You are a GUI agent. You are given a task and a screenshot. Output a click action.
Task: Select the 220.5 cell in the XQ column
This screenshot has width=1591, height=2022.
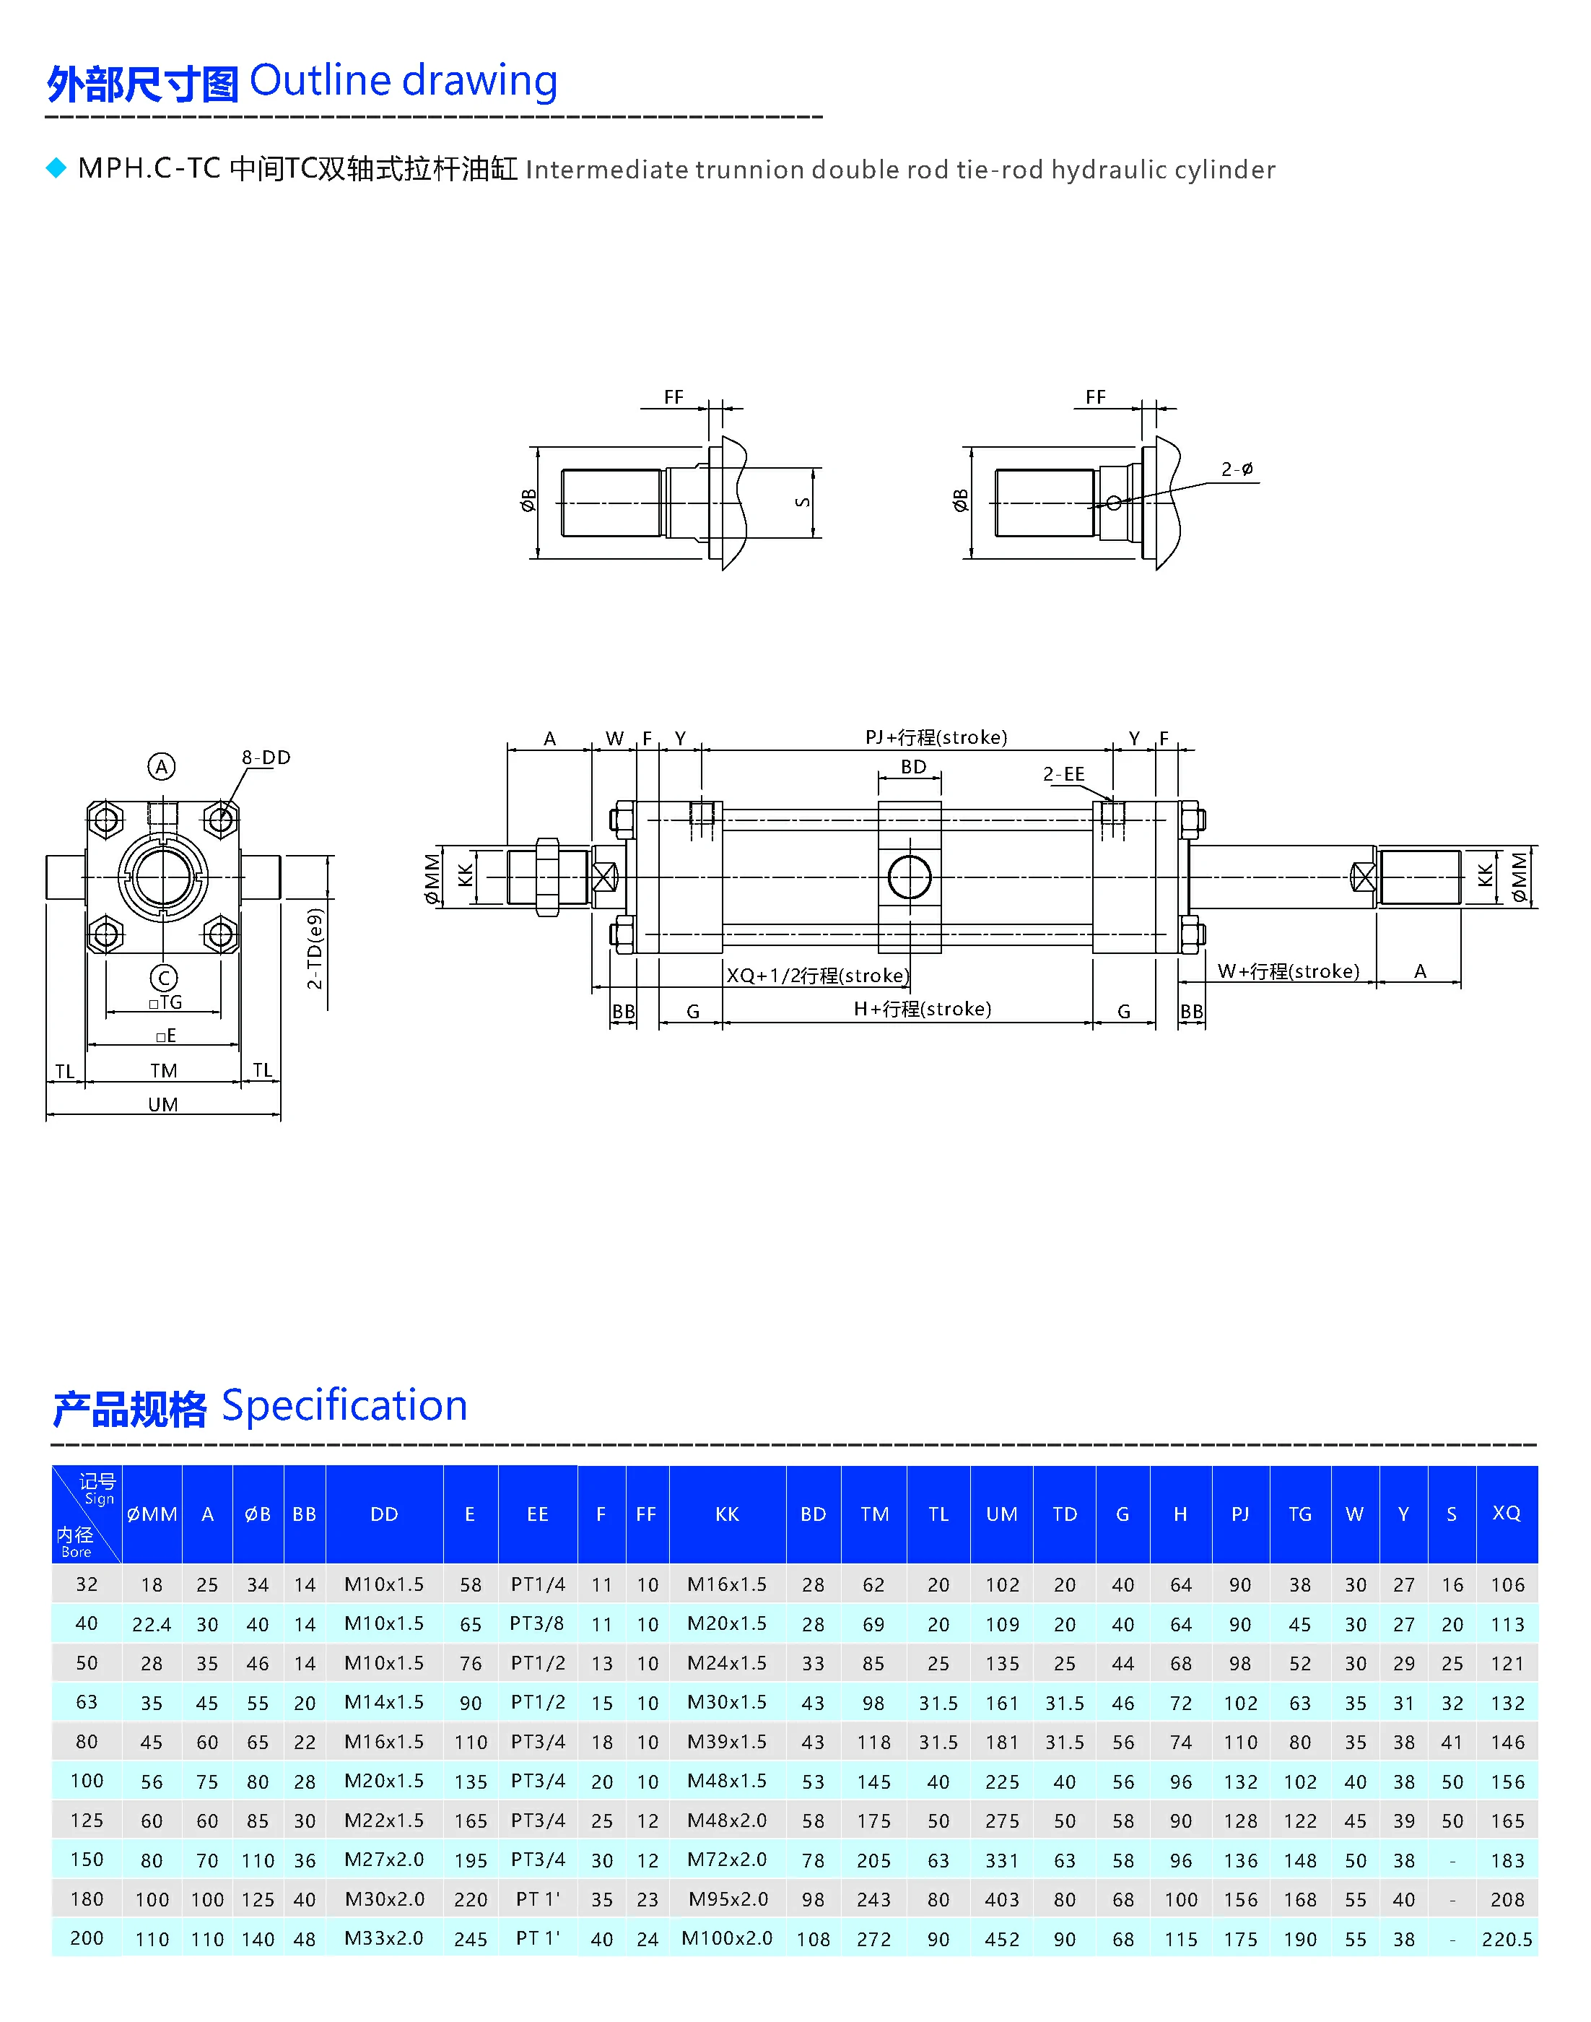[1507, 1939]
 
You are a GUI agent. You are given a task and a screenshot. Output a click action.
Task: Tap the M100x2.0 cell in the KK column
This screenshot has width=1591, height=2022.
[727, 1938]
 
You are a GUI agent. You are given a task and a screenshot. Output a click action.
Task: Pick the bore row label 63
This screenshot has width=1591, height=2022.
[87, 1702]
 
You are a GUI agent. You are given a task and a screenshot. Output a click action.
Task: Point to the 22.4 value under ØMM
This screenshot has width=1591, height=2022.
[151, 1624]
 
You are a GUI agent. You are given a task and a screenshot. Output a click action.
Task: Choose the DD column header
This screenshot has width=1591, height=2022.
[384, 1514]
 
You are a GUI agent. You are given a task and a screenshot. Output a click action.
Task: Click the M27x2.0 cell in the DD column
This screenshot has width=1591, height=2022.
[384, 1860]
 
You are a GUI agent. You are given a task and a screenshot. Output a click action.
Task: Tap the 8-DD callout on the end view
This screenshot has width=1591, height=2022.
[266, 758]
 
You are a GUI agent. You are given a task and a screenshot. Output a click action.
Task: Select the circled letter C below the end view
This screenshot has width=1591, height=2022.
[163, 978]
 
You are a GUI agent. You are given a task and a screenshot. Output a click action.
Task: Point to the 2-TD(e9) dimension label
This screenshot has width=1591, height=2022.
[315, 949]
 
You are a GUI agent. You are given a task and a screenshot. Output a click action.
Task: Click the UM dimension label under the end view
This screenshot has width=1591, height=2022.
[163, 1104]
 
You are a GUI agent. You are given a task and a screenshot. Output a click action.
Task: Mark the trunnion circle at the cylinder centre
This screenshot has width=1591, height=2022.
[909, 877]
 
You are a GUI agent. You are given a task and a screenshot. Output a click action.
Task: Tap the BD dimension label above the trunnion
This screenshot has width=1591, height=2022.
[913, 767]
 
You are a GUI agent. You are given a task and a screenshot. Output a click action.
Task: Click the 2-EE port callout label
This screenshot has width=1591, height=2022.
[1064, 774]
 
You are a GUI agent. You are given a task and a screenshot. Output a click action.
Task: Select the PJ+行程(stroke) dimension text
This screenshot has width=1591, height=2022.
[936, 737]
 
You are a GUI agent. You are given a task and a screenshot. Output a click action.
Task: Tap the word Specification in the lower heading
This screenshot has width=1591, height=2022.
[344, 1406]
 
